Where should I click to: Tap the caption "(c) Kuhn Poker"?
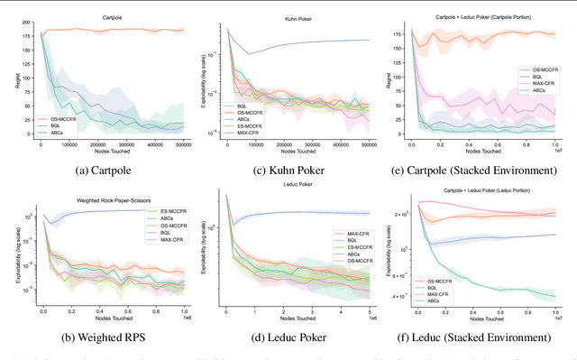point(293,166)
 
